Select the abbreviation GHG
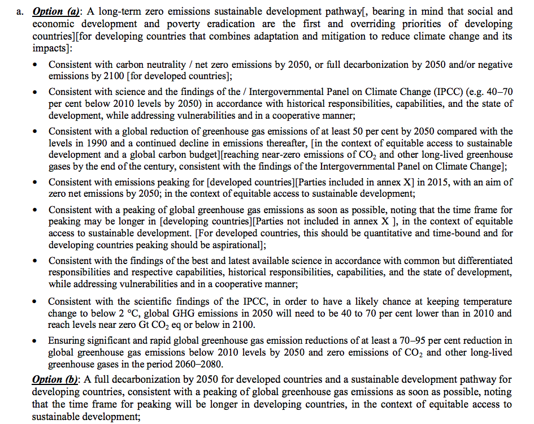202,313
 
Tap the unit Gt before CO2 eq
151,325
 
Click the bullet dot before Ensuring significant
36,341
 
